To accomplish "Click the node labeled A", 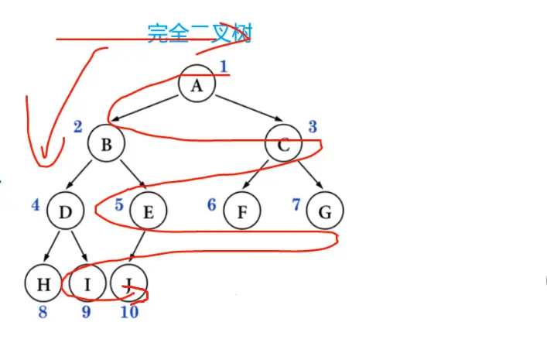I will [197, 85].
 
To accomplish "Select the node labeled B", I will [106, 145].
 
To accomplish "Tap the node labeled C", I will [284, 144].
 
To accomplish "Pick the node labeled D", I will [65, 210].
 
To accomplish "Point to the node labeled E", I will [149, 210].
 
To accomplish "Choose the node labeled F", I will [242, 210].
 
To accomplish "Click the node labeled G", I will [324, 210].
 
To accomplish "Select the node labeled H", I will [43, 284].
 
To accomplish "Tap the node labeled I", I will [87, 284].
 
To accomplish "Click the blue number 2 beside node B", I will [78, 126].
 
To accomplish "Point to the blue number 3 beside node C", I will [313, 126].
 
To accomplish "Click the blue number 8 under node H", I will [43, 312].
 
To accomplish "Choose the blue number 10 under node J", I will [129, 312].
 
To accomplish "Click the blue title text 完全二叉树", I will [199, 33].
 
